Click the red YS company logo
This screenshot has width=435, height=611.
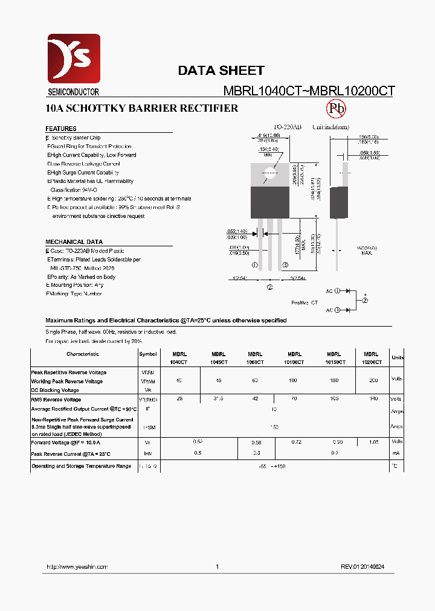coord(74,60)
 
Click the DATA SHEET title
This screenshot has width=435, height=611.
coord(221,71)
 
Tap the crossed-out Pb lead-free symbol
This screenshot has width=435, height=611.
coord(336,109)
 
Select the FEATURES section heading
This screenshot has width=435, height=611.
coord(61,129)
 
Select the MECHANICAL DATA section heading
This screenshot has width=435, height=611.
coord(74,242)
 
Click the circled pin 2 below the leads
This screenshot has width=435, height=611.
coord(269,287)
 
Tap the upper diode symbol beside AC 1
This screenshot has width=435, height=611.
coord(347,291)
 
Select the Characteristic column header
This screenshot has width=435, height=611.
coord(83,354)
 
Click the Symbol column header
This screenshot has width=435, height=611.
coord(147,354)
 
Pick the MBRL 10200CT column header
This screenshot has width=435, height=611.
coord(371,358)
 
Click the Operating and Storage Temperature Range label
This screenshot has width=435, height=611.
coord(81,466)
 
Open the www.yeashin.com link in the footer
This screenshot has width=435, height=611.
coord(77,567)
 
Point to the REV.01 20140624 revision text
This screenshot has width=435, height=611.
coord(362,567)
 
